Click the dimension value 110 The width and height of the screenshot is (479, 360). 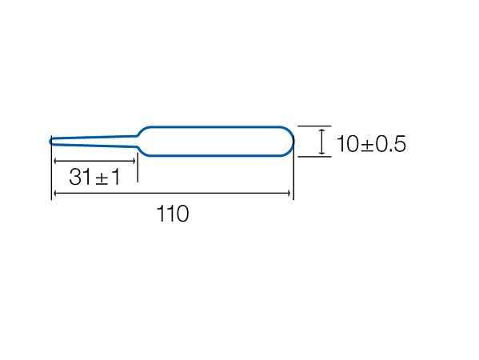(173, 214)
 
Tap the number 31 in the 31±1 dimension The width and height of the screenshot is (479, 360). (80, 177)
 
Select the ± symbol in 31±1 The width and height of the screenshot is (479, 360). (102, 178)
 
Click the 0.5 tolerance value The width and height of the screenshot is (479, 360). (391, 144)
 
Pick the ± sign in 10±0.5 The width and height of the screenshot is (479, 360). (368, 145)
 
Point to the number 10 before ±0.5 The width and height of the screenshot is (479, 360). (348, 144)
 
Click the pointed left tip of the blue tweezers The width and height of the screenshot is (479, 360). (50, 141)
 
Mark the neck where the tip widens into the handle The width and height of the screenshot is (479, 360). (138, 141)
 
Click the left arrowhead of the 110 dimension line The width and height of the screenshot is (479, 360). (55, 193)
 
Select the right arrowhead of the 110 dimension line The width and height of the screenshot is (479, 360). (289, 193)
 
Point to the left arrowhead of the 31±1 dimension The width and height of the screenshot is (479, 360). (55, 161)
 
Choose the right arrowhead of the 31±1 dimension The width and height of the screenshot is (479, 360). (134, 161)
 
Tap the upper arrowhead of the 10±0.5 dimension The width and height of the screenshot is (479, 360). (321, 130)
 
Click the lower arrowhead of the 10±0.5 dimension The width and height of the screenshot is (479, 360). (321, 152)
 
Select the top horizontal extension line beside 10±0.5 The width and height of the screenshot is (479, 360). (314, 126)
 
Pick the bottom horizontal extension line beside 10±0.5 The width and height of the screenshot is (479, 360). (314, 157)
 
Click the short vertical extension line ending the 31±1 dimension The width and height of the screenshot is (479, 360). (138, 167)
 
